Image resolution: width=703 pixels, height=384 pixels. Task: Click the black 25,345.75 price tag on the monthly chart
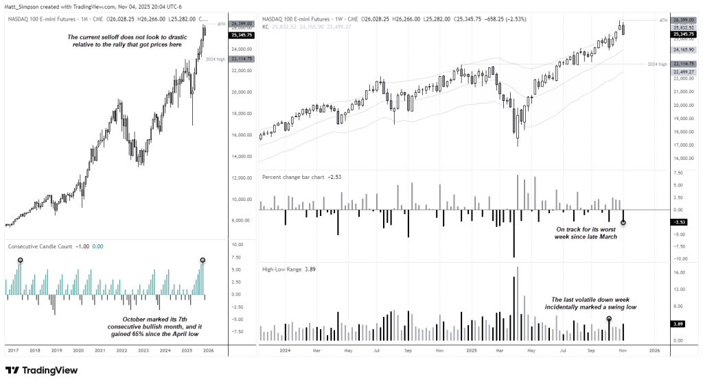tap(242, 34)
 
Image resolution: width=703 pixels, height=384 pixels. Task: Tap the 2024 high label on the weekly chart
tap(657, 64)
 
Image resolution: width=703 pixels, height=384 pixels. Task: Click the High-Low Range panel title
tap(281, 269)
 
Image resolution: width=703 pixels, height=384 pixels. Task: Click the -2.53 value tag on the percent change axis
tap(678, 222)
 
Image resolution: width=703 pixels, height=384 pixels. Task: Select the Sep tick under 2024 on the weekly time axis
tap(408, 350)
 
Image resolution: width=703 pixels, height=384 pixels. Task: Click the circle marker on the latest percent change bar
tap(623, 223)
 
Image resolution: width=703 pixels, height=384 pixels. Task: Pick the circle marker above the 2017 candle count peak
tap(20, 260)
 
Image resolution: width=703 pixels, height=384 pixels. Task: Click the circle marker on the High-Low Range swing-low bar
tap(609, 319)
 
